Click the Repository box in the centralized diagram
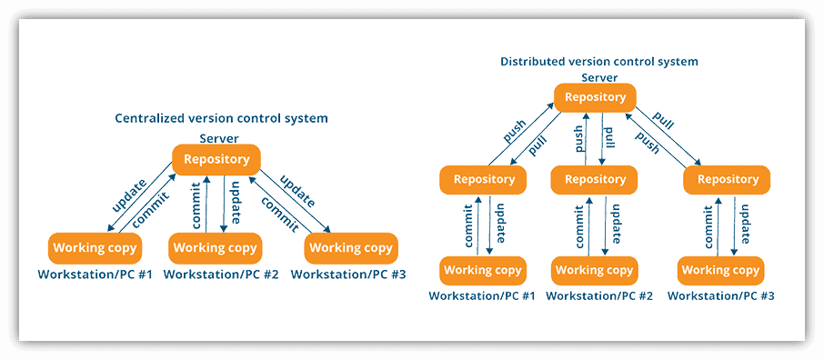coord(216,159)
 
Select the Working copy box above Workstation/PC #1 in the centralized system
coord(95,247)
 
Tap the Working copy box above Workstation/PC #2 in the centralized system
coord(216,247)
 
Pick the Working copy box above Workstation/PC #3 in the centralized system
coord(351,247)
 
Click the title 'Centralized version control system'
coord(221,118)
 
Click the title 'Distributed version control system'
coord(599,62)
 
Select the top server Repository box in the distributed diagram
coord(595,97)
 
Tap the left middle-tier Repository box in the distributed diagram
coord(484,179)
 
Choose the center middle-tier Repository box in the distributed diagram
coord(595,179)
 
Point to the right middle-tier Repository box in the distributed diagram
coord(727,179)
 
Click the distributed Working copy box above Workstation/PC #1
coord(482,270)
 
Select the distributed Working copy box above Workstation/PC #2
coord(594,270)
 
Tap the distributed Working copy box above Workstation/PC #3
coord(720,270)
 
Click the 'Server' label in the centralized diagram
coord(219,138)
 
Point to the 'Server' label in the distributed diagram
coord(599,78)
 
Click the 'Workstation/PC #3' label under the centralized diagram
coord(348,274)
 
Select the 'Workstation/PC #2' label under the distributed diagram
coord(599,295)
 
